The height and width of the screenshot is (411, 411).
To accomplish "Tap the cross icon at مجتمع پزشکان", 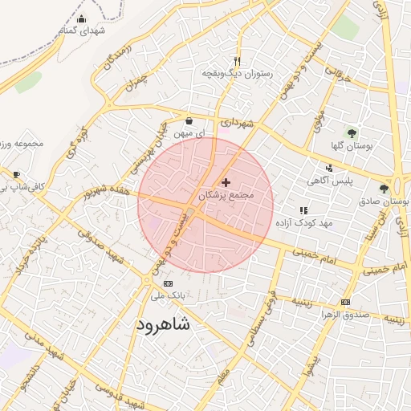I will (225, 183).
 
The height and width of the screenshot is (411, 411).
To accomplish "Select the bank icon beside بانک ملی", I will (168, 283).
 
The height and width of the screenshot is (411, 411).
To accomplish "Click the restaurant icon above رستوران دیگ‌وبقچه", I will (237, 61).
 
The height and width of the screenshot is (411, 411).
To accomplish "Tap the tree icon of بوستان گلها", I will (352, 132).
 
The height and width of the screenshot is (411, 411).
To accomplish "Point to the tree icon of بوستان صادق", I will (384, 189).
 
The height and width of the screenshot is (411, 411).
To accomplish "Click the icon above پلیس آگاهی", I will (329, 169).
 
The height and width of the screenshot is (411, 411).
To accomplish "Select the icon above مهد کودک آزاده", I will (303, 210).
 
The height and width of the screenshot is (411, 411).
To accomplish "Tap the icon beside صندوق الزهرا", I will (345, 302).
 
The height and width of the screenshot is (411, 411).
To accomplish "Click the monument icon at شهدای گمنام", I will (80, 19).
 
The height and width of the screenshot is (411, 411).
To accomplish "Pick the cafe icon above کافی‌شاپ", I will (16, 174).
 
